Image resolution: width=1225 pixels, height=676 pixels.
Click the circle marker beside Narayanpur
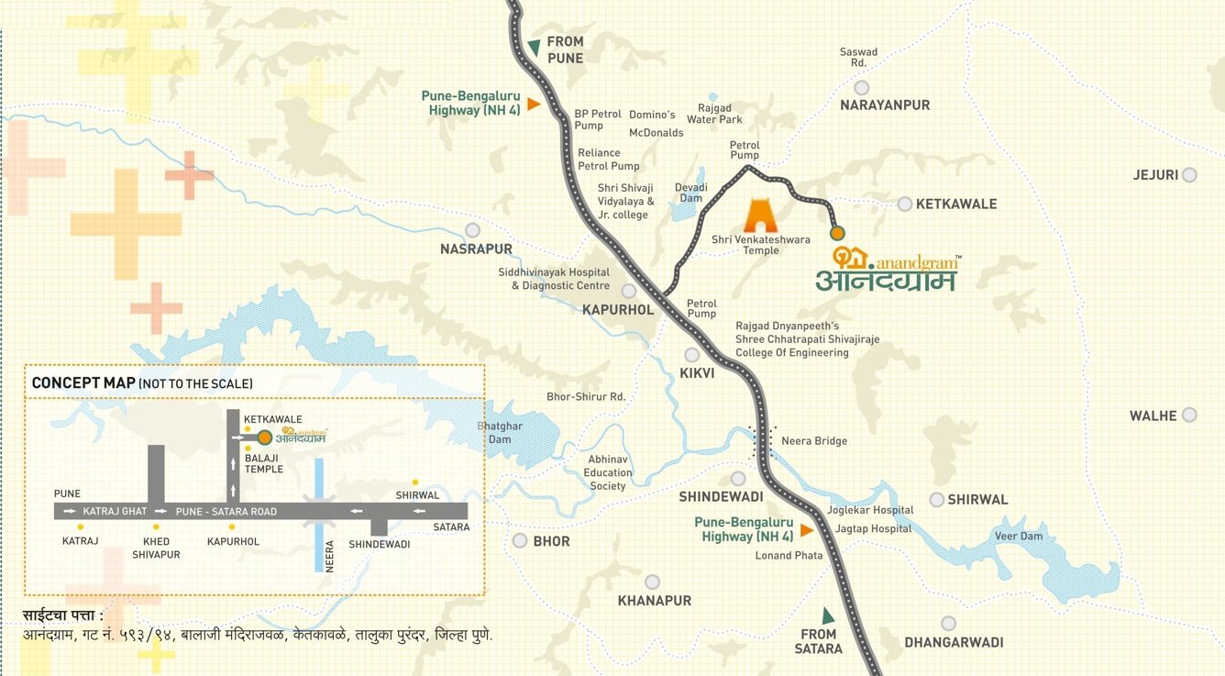(861, 87)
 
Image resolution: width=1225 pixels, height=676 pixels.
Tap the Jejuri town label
(1154, 174)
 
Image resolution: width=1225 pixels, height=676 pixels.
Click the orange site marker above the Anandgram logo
(837, 233)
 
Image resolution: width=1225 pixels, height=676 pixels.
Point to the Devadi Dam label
(691, 193)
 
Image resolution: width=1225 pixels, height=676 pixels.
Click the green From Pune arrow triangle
(534, 47)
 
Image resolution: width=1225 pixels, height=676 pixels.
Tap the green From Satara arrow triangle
(828, 615)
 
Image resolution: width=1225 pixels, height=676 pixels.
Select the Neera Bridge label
(813, 441)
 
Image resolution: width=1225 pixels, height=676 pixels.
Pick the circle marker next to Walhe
(1189, 415)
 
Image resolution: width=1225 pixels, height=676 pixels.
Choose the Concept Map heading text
(83, 382)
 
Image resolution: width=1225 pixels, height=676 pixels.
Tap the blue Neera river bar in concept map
(319, 514)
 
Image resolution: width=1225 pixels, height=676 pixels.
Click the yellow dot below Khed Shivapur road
(156, 527)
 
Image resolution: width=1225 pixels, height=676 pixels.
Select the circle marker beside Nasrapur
(472, 230)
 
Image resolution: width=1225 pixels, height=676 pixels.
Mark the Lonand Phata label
(789, 556)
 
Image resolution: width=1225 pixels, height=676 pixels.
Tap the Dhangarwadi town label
(954, 642)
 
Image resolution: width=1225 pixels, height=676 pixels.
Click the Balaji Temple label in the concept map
(263, 462)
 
